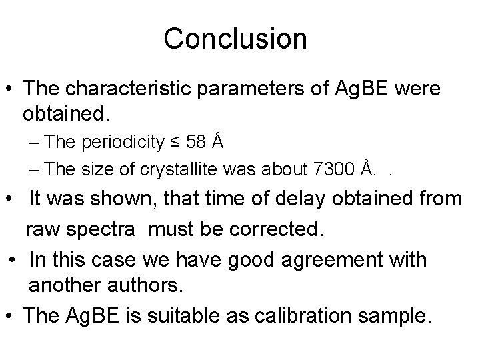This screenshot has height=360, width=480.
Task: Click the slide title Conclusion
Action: click(x=235, y=39)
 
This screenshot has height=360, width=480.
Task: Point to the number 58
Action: click(x=198, y=142)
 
